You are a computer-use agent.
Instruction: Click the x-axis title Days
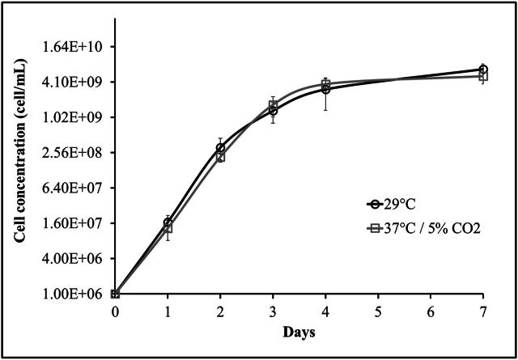point(299,332)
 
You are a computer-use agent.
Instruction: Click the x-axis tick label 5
point(378,311)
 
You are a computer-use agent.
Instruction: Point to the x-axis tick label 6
point(431,311)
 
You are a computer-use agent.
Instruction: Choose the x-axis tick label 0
point(115,311)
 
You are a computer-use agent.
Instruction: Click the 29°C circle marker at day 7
point(483,70)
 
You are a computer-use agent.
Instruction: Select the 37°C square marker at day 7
point(483,76)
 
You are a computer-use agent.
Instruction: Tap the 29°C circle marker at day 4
point(325,89)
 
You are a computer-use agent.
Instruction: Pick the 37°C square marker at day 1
point(168,228)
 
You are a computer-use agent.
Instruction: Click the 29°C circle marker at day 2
point(220,148)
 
